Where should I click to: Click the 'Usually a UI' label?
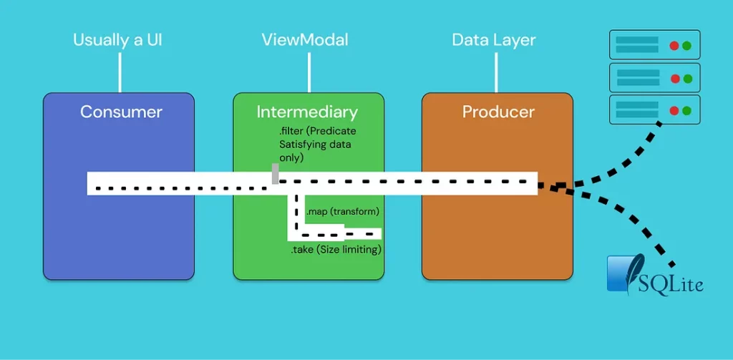[117, 39]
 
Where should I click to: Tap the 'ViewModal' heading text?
[305, 39]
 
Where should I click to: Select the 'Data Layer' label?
[493, 39]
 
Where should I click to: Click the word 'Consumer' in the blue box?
[121, 112]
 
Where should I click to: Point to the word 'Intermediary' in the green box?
[307, 112]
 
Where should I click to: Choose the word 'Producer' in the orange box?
[498, 112]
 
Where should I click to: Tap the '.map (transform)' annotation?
[342, 212]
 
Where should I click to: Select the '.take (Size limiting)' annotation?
[335, 250]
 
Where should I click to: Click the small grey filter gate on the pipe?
[275, 174]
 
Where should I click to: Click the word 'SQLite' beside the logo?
[672, 284]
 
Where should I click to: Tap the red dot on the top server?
[674, 45]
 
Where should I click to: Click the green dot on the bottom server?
[686, 110]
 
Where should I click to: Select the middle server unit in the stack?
[654, 77]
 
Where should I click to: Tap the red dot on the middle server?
[674, 78]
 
